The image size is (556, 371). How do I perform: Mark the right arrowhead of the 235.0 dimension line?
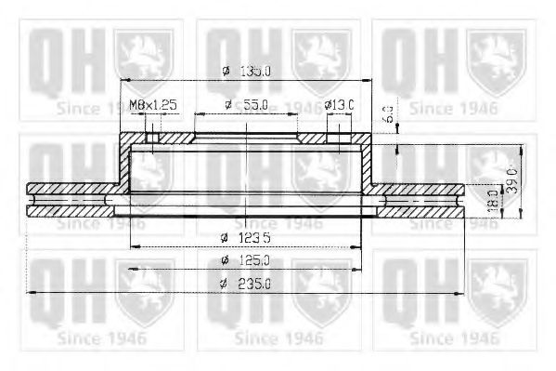459,293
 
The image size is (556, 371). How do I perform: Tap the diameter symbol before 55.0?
227,104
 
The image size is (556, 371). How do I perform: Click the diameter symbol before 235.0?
225,285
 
